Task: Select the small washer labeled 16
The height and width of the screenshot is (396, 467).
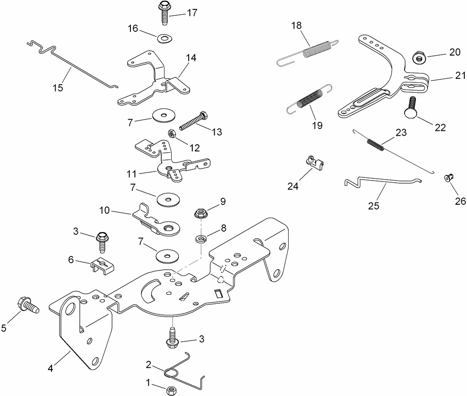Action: pos(165,38)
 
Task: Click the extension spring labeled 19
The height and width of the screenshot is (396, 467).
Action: pos(309,99)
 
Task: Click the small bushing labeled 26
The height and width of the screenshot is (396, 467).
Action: pos(448,178)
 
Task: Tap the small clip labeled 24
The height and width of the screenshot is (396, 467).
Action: pos(315,163)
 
